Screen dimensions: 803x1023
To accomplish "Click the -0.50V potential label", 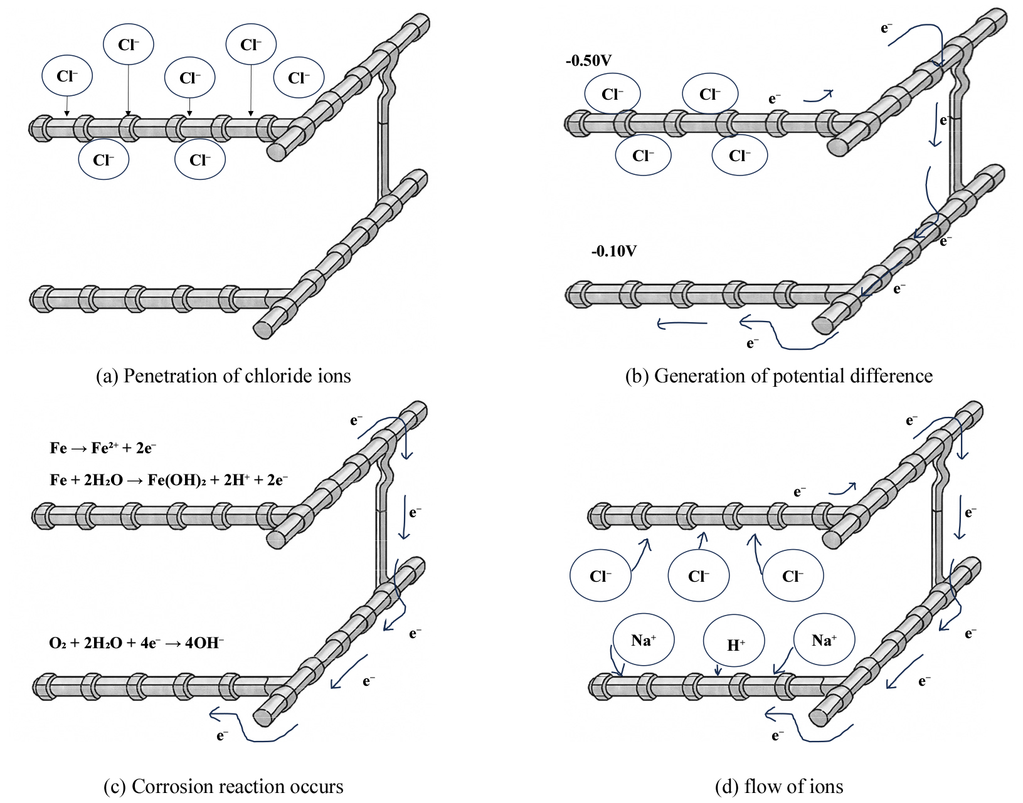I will [x=588, y=61].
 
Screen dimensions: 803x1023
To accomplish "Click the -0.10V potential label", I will [x=613, y=251].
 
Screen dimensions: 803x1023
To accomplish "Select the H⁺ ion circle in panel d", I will [x=734, y=644].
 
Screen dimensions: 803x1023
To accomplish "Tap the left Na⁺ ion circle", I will [x=642, y=640].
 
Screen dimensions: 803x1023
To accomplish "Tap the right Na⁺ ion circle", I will [x=824, y=640].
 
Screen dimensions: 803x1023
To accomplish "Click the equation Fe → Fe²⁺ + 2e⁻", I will [x=103, y=448].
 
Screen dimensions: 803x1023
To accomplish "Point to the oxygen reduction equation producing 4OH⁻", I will [x=136, y=643].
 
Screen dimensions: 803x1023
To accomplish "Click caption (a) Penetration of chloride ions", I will [x=223, y=375].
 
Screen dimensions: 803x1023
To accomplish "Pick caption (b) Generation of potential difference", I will [x=778, y=375].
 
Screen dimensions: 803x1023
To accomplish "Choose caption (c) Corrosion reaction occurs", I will [x=223, y=786].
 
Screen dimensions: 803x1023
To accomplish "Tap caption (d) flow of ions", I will [x=779, y=786].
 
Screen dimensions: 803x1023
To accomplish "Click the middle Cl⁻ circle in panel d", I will [x=698, y=576].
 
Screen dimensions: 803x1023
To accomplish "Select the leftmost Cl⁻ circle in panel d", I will [x=600, y=576].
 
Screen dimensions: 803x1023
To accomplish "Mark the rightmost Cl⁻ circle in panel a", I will [x=299, y=78].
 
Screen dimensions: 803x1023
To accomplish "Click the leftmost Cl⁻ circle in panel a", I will [x=67, y=76].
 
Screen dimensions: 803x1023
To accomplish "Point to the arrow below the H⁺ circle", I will [x=719, y=670].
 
